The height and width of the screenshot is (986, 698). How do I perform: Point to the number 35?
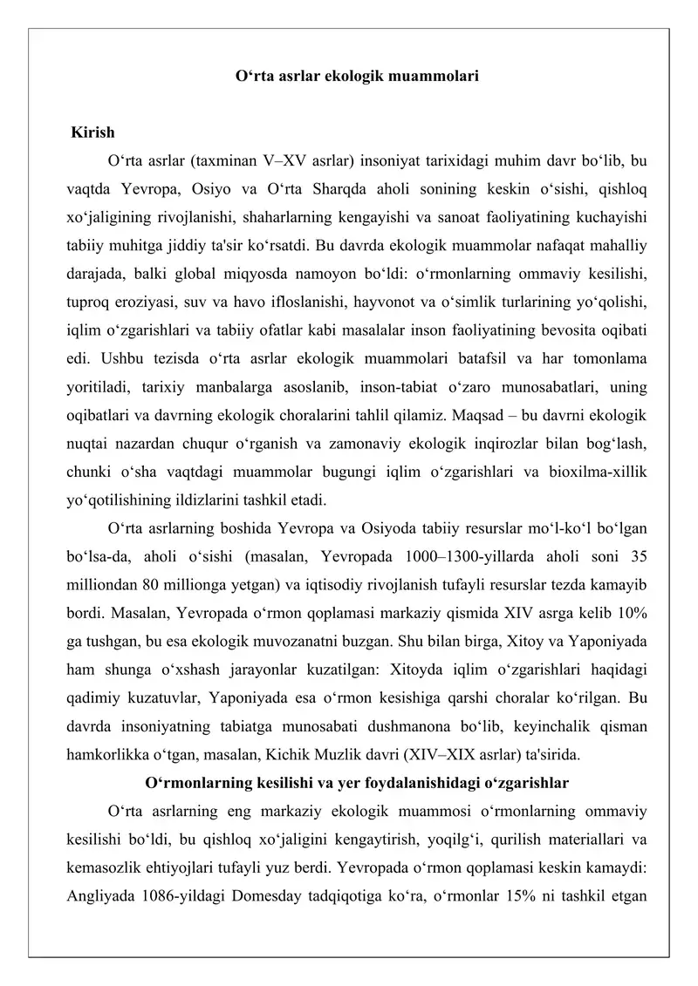pyautogui.click(x=636, y=557)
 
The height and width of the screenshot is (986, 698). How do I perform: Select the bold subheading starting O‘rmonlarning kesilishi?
pyautogui.click(x=357, y=783)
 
